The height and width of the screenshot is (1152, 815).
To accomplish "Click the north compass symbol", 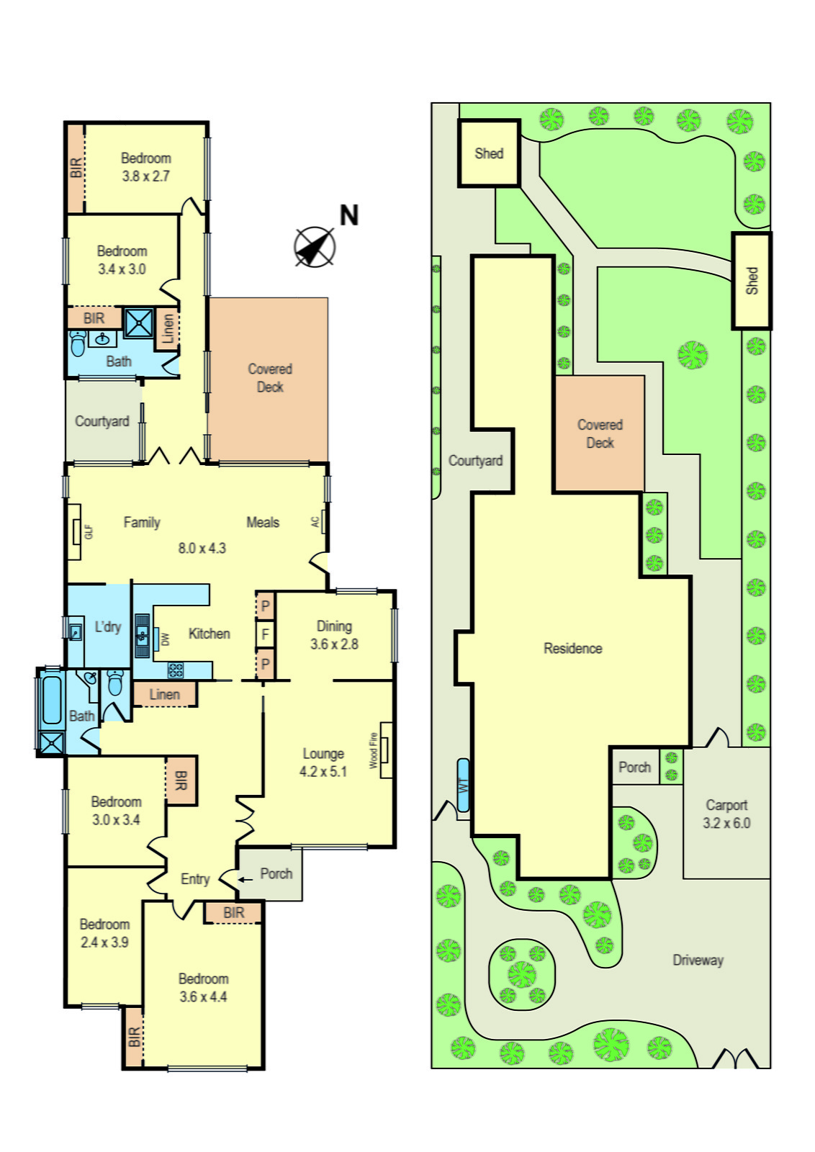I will tap(315, 247).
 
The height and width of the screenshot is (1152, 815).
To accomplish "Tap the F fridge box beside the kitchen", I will tap(265, 634).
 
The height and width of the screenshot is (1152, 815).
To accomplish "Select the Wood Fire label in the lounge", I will tap(374, 750).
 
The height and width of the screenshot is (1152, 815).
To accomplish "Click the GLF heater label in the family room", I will tap(89, 531).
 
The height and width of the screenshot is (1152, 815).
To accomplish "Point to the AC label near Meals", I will tap(315, 522).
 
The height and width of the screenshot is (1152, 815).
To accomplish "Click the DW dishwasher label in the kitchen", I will tap(166, 639).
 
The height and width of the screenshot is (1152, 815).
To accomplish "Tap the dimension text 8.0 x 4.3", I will tap(202, 548).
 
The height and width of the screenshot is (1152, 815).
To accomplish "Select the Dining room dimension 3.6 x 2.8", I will tap(334, 644).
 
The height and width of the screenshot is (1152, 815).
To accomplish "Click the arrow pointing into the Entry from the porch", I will tap(246, 879).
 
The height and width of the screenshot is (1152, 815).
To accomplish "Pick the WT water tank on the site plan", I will tap(463, 785).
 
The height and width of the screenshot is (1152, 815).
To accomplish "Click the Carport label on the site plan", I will tap(726, 805).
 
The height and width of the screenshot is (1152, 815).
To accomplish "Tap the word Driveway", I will tap(698, 960).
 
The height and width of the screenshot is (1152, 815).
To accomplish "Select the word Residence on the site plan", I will tap(572, 648).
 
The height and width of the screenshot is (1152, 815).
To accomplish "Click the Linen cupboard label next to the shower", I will tap(168, 329).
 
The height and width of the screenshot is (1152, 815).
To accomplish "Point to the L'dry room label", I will tap(108, 626).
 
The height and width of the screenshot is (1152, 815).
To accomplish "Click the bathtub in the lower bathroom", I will tap(52, 699).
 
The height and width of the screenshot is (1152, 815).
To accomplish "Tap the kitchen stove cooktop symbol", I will tap(176, 670).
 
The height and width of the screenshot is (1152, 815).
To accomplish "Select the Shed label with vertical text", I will tap(752, 281).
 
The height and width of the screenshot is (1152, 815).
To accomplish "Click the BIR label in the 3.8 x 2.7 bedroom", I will tap(76, 168).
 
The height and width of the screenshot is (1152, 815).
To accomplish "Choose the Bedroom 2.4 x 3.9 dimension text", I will tap(104, 942).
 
